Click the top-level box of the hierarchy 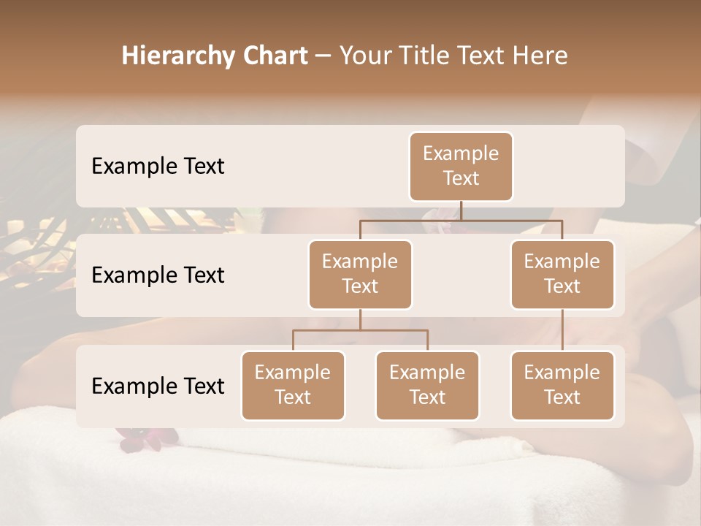tap(461, 166)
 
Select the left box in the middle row tap(360, 274)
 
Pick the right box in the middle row tap(562, 274)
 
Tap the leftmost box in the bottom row tap(293, 385)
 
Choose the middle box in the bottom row tap(427, 385)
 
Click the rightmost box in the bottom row tap(562, 385)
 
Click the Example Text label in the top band tap(158, 166)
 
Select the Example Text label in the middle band tap(158, 275)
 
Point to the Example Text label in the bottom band tap(158, 386)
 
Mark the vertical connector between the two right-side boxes tap(562, 330)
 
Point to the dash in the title tap(323, 56)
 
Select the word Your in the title tap(364, 56)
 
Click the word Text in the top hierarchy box tap(461, 178)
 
